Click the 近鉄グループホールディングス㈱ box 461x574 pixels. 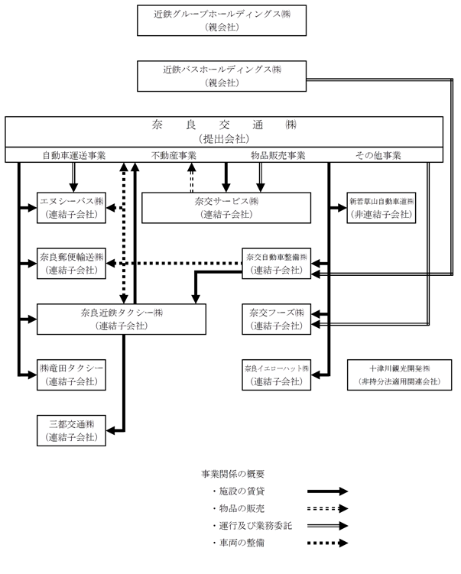pyautogui.click(x=222, y=21)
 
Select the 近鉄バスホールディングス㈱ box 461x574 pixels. pyautogui.click(x=222, y=76)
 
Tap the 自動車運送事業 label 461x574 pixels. pyautogui.click(x=74, y=156)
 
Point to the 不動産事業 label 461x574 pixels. pyautogui.click(x=174, y=156)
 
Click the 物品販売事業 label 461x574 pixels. pyautogui.click(x=278, y=156)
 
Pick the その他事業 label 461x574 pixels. pyautogui.click(x=378, y=156)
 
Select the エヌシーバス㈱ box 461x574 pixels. pyautogui.click(x=71, y=208)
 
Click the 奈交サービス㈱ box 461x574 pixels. pyautogui.click(x=226, y=208)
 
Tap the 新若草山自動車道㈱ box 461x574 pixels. pyautogui.click(x=381, y=208)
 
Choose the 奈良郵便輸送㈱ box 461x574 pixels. pyautogui.click(x=71, y=264)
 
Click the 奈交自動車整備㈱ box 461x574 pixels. pyautogui.click(x=277, y=264)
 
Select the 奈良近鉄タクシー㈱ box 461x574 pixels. pyautogui.click(x=122, y=319)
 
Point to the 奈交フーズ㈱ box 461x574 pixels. pyautogui.click(x=277, y=319)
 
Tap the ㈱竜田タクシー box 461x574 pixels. pyautogui.click(x=71, y=375)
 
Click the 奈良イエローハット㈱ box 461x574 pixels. pyautogui.click(x=277, y=375)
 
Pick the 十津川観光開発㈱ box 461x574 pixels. pyautogui.click(x=400, y=375)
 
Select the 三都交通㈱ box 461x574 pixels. pyautogui.click(x=71, y=430)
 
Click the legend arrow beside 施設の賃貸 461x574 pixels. pyautogui.click(x=327, y=491)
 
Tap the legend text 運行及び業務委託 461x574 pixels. pyautogui.click(x=255, y=526)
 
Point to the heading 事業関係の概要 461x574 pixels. pyautogui.click(x=233, y=474)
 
